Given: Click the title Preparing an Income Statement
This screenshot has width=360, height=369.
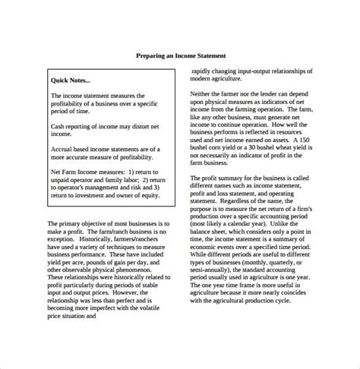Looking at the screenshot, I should (180, 55).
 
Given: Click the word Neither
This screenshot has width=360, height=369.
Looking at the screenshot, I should (201, 93).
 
